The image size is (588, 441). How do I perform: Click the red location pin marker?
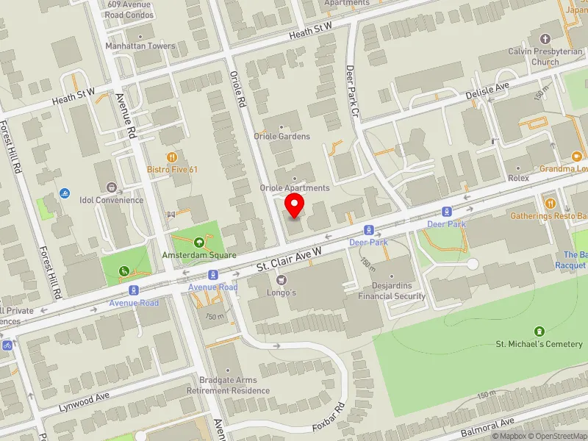(x=295, y=206)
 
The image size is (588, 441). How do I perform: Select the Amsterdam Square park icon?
(x=198, y=243)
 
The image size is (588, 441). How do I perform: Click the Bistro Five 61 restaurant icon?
(x=172, y=157)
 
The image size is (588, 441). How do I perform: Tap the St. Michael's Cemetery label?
(x=539, y=343)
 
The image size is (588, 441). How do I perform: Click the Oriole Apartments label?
(x=295, y=188)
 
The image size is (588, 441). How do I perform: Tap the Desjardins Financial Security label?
(x=392, y=291)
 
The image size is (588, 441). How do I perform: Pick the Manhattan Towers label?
(x=140, y=46)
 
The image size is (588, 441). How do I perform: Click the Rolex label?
(x=518, y=178)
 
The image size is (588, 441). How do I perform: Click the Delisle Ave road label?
(x=487, y=90)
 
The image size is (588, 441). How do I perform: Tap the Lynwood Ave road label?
(x=85, y=401)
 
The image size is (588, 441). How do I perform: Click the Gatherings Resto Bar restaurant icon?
(x=549, y=203)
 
